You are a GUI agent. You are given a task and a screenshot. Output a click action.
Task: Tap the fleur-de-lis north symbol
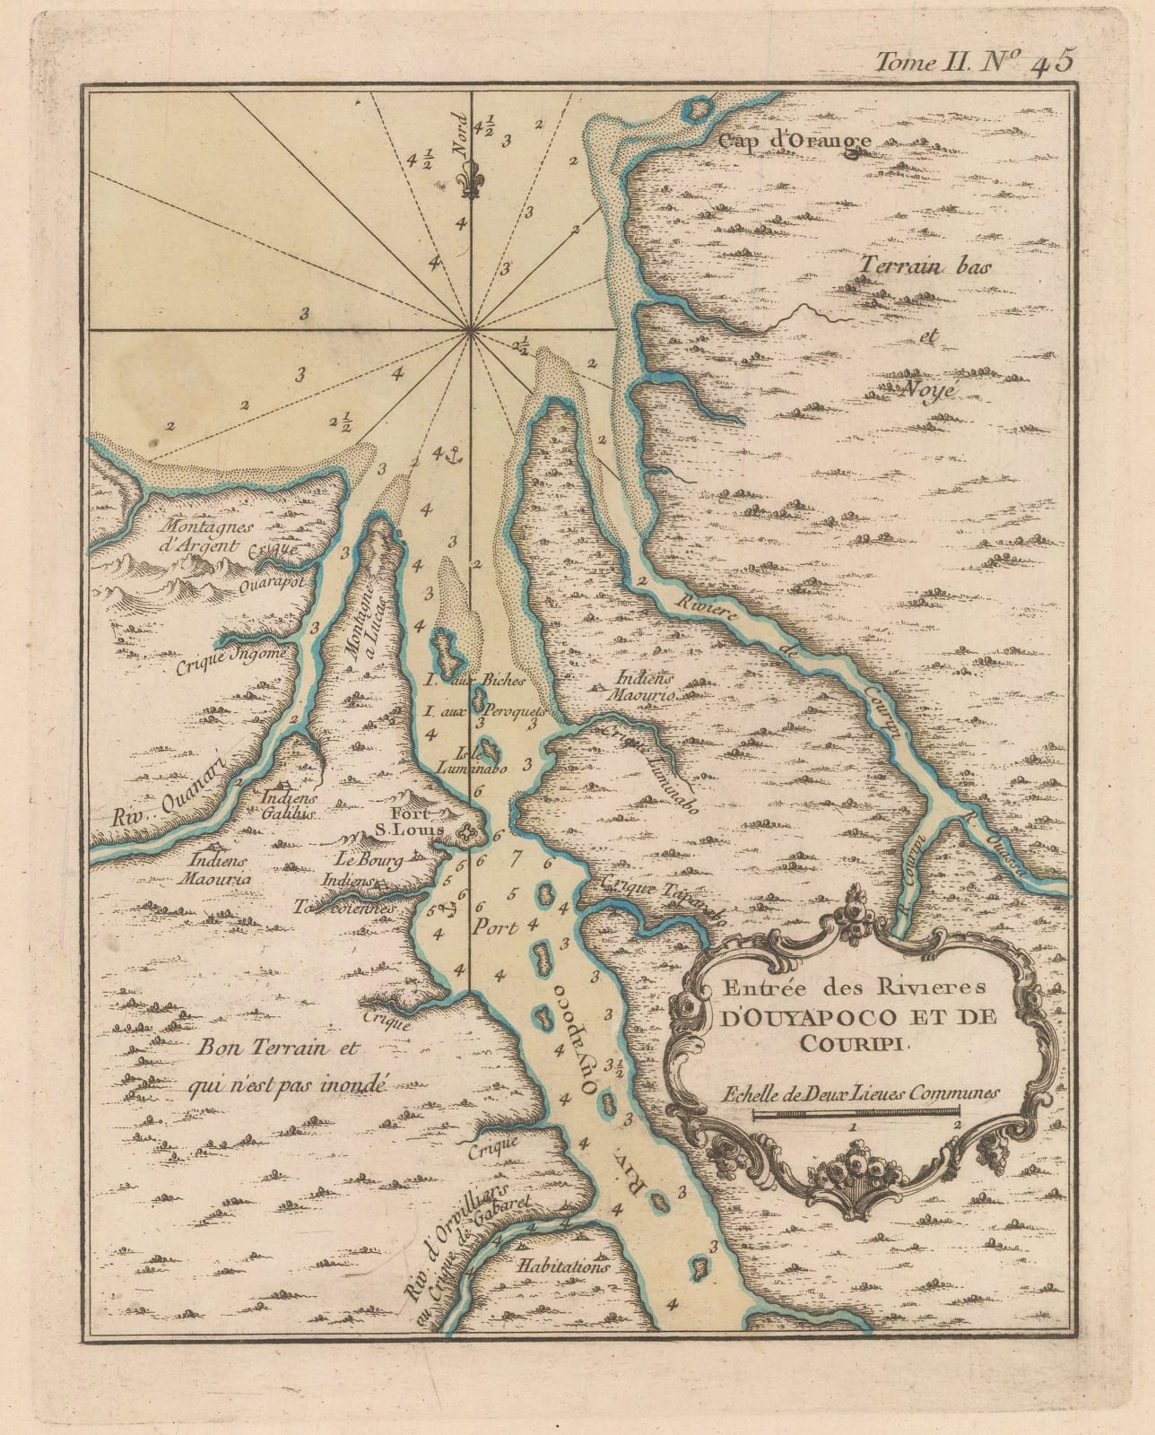click(x=469, y=180)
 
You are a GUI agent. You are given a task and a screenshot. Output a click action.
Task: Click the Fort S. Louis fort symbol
click(x=466, y=836)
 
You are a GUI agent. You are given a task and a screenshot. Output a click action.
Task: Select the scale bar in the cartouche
click(x=855, y=1113)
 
